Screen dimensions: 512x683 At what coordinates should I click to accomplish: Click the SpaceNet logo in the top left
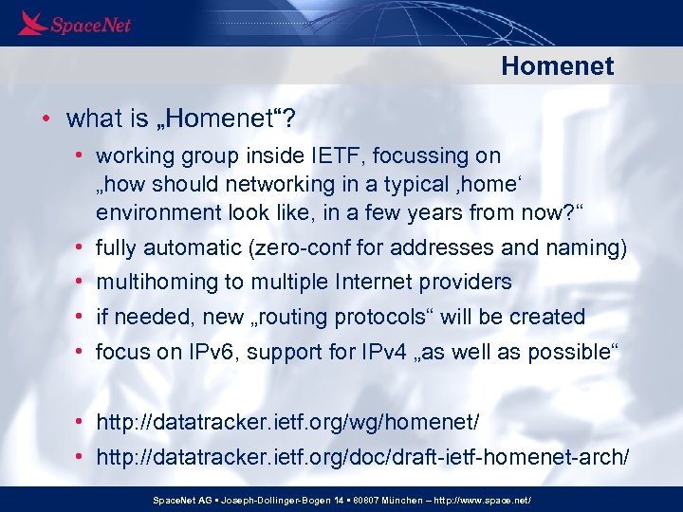click(x=74, y=23)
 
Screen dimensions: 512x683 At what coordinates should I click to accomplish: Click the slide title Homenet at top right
click(x=557, y=66)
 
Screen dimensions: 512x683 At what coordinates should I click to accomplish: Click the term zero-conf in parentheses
click(x=299, y=248)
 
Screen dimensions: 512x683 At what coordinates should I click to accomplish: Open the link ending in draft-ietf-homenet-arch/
click(x=361, y=457)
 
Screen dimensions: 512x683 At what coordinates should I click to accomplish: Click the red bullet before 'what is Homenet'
click(x=46, y=119)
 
